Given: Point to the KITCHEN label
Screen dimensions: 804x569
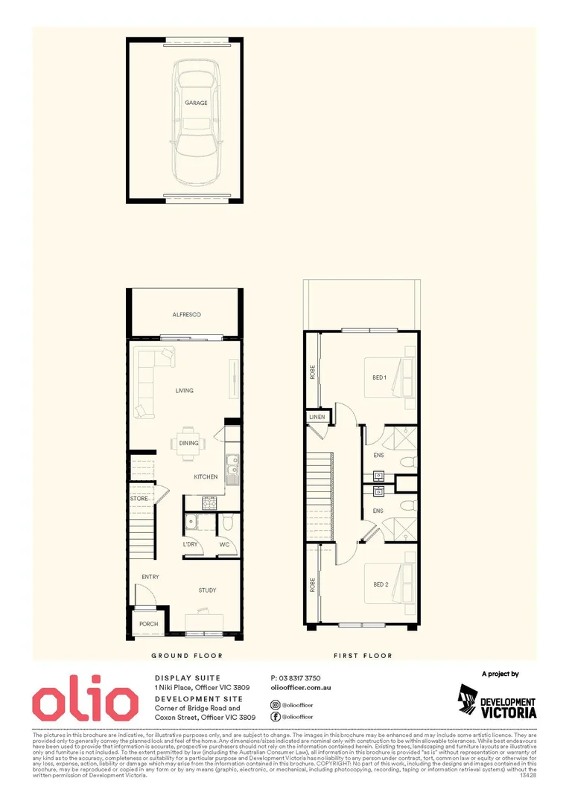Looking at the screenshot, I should click(x=206, y=476).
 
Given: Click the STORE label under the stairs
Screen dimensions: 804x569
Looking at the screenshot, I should click(x=139, y=498).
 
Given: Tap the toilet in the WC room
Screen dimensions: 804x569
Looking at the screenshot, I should click(x=229, y=524).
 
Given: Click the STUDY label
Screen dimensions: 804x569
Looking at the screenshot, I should click(x=207, y=590).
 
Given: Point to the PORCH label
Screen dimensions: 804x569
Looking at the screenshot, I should click(x=149, y=624).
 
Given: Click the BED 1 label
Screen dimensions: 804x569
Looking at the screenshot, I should click(x=380, y=377).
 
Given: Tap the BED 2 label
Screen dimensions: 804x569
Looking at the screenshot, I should click(x=381, y=584).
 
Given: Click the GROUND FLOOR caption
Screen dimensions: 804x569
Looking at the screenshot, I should click(x=187, y=656).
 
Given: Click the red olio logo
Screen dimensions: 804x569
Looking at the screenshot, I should click(x=85, y=703).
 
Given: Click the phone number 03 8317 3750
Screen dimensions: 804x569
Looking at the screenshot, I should click(x=296, y=678).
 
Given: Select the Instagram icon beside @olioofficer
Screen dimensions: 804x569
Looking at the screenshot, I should click(x=276, y=702).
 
